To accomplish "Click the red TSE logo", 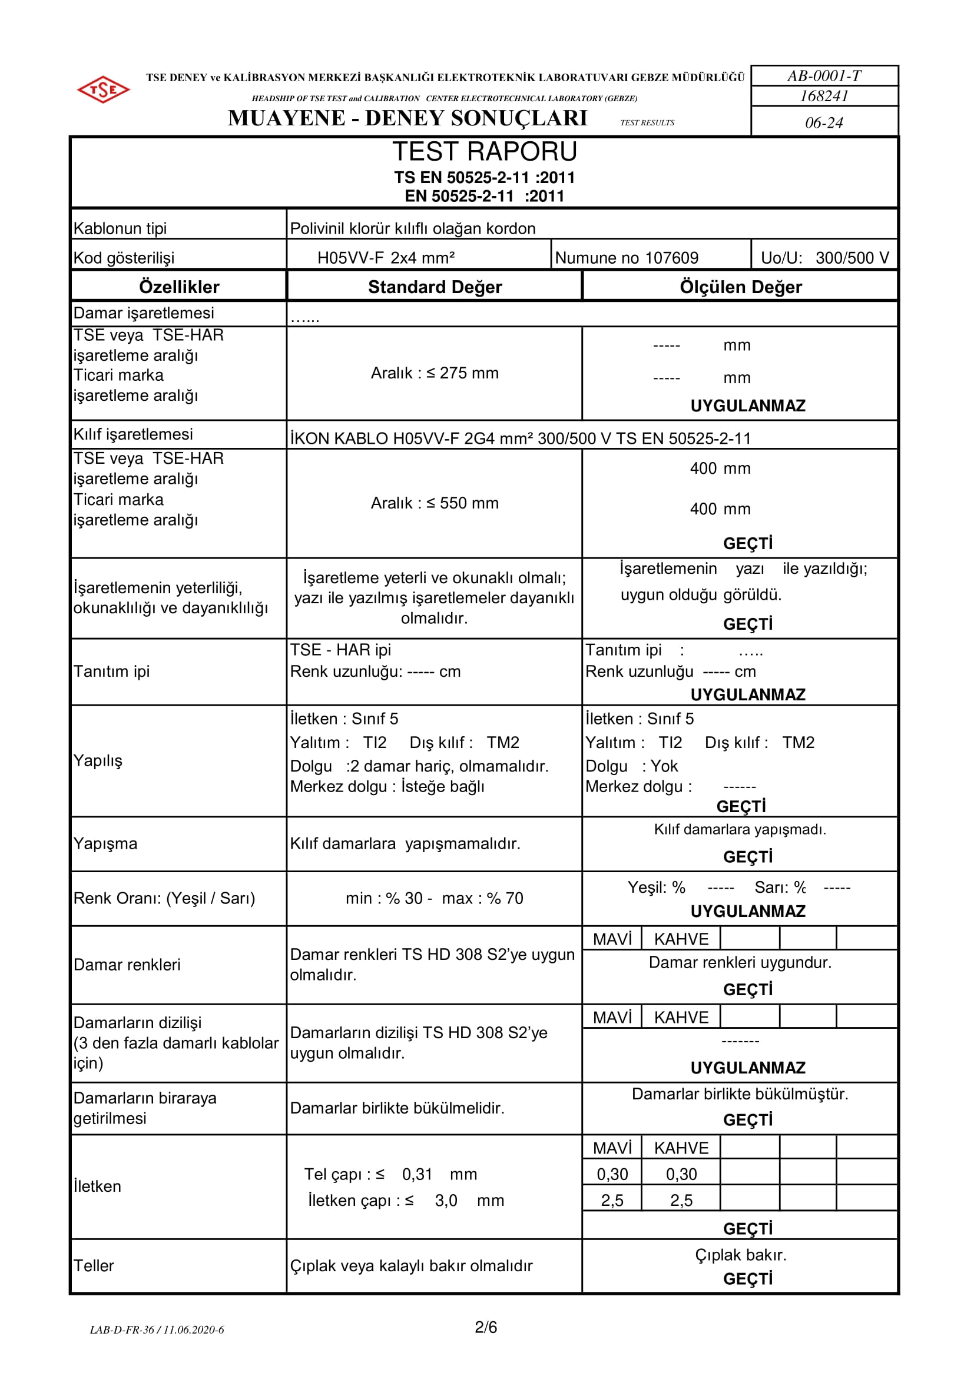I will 103,89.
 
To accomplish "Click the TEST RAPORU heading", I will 485,152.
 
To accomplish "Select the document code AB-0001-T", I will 824,76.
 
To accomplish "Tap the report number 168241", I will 824,96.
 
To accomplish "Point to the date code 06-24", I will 824,123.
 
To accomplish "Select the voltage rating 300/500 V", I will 852,258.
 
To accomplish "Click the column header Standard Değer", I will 435,287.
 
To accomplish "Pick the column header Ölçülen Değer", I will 741,287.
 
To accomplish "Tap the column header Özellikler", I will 179,287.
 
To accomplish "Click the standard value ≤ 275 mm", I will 462,373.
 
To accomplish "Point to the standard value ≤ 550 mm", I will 462,503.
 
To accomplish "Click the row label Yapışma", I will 105,844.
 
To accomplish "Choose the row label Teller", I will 94,1266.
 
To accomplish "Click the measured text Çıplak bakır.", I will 741,1255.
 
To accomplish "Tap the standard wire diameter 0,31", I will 417,1175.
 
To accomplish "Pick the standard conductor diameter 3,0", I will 446,1201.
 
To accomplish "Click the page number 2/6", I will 486,1328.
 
